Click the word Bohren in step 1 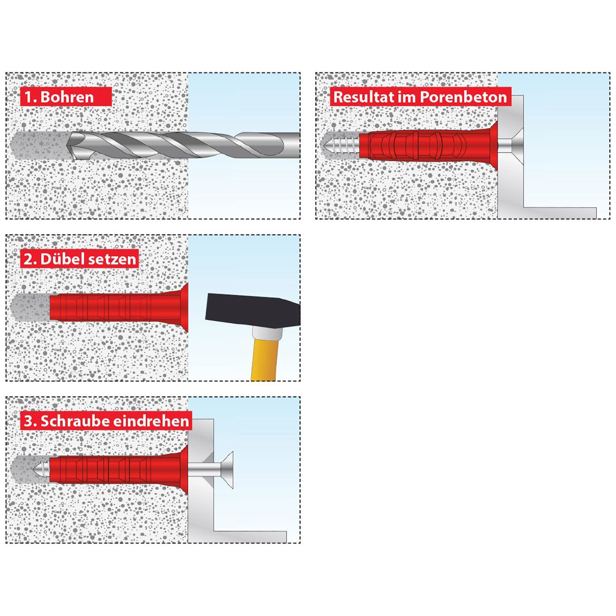coord(67,97)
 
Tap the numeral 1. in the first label coord(31,97)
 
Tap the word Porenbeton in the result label coord(463,97)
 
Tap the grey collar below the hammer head coord(267,333)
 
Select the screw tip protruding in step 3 coord(41,470)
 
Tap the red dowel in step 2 coord(119,307)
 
